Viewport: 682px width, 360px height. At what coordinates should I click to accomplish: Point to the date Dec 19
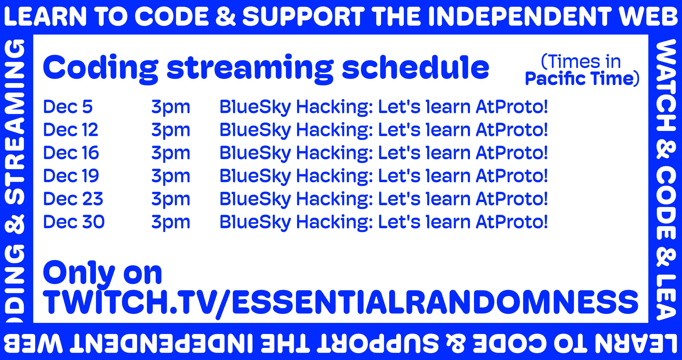click(x=71, y=176)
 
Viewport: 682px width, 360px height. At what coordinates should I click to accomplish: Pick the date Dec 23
click(x=73, y=199)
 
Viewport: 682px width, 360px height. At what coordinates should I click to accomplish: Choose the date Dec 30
click(x=74, y=222)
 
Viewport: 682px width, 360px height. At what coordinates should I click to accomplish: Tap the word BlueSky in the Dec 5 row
click(x=256, y=107)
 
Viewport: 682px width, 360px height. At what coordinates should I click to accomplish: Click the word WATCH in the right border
click(x=666, y=85)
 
